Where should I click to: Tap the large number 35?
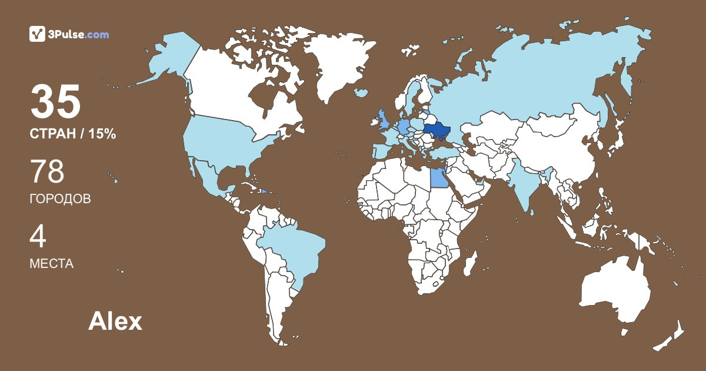(x=55, y=101)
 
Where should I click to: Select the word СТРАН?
(x=56, y=134)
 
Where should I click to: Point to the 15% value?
(x=102, y=134)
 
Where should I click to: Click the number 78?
(x=47, y=172)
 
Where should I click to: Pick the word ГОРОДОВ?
(x=60, y=199)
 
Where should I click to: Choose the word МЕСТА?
(x=51, y=264)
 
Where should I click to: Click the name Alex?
(x=115, y=322)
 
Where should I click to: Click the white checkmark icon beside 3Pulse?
(x=38, y=34)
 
